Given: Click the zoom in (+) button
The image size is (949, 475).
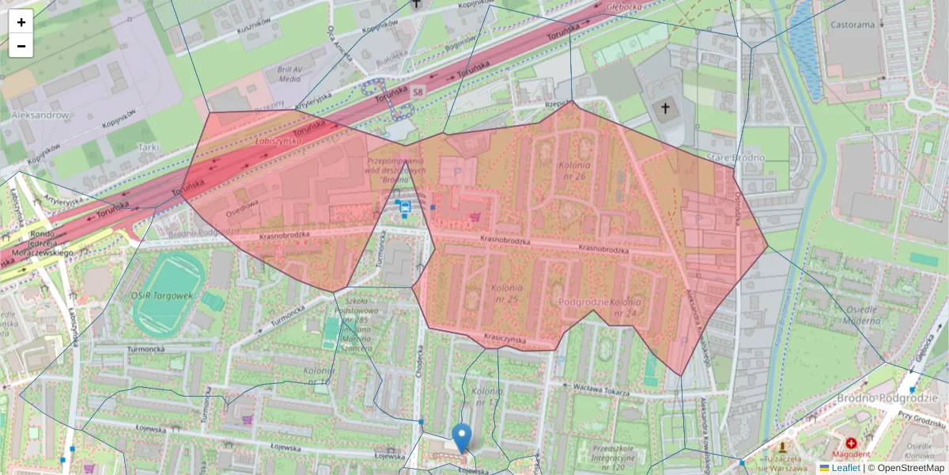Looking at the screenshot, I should [x=21, y=22].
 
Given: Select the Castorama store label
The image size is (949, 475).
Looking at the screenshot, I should [x=853, y=25].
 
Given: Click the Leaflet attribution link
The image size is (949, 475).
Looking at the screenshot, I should [x=845, y=468].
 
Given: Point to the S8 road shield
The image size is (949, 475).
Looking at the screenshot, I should [x=418, y=93].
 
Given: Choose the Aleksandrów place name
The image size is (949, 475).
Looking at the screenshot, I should [x=40, y=115].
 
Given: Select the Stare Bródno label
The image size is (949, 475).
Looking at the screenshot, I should [x=737, y=158].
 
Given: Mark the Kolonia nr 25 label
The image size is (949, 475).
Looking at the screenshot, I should [x=504, y=294].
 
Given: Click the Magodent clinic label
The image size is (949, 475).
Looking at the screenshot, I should [x=851, y=454].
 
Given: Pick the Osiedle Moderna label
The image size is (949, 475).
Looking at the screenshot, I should [x=854, y=316].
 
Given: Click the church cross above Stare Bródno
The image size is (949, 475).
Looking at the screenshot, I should [x=665, y=108].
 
